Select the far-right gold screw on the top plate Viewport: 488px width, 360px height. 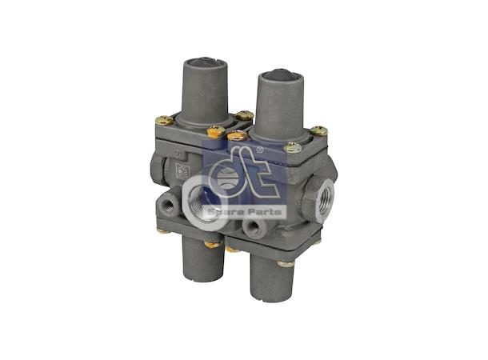click(x=318, y=130)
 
